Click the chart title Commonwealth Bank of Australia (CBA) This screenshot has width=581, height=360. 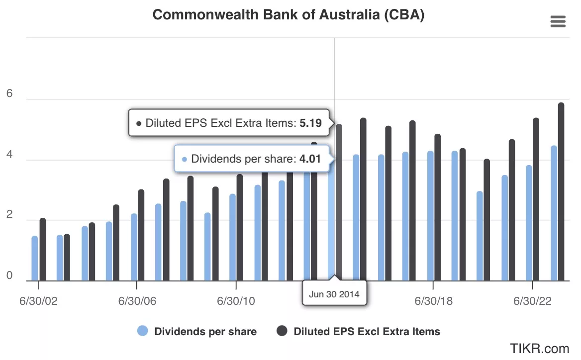288,15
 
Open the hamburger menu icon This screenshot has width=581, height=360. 558,21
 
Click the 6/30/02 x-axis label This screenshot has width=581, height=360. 38,301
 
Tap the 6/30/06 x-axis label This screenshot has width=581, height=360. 136,301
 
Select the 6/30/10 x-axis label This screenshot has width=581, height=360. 236,301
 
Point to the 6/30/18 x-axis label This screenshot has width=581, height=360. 433,301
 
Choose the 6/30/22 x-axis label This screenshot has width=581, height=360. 533,301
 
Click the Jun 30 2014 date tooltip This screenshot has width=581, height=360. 334,293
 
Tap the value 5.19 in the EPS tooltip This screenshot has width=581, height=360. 310,123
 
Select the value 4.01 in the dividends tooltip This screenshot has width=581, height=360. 310,159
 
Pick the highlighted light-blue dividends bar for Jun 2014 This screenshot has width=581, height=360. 331,224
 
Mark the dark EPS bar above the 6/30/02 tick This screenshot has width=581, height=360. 43,249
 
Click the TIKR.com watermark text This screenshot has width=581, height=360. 539,348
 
